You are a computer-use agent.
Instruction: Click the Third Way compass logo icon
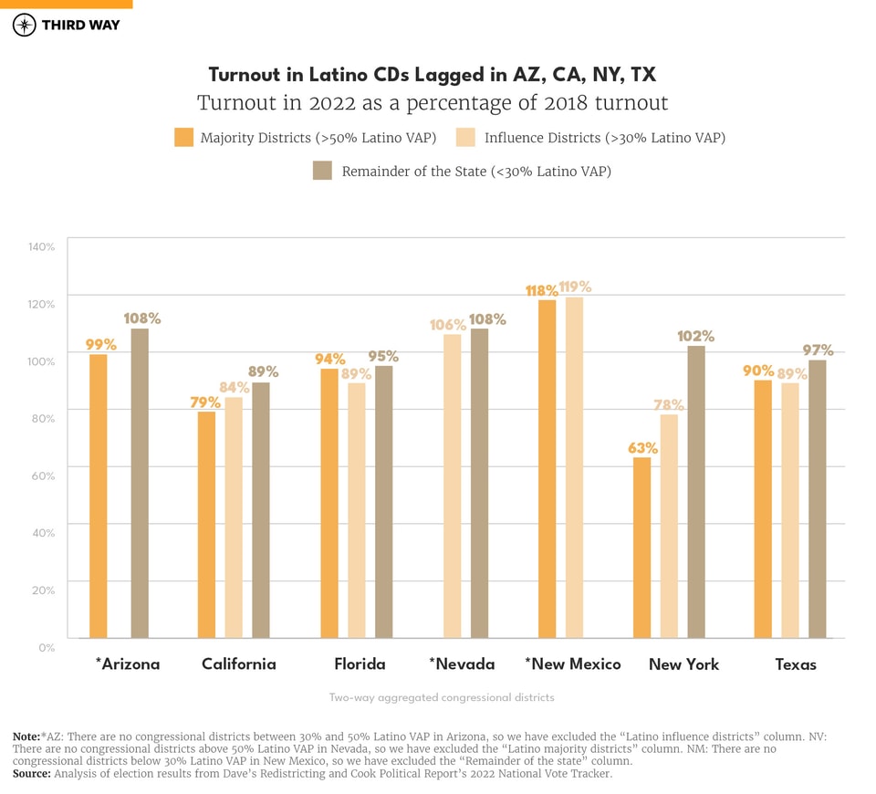[25, 25]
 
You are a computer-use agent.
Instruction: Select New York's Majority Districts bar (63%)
[641, 548]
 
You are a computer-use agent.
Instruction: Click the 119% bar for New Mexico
[574, 467]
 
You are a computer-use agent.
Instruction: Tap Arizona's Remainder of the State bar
[140, 483]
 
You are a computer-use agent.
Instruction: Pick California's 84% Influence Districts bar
[234, 517]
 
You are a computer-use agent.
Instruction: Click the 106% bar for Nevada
[452, 486]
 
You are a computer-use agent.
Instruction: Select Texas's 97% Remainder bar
[817, 498]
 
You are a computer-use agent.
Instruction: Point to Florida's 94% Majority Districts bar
[329, 503]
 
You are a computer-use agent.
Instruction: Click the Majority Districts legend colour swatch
[183, 138]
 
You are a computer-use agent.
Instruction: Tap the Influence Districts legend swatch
[466, 138]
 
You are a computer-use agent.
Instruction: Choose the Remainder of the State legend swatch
[322, 171]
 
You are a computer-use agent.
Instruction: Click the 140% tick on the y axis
[42, 246]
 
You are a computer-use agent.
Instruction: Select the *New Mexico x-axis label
[572, 664]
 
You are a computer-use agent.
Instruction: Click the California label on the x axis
[238, 664]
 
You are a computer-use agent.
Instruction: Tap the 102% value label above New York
[695, 336]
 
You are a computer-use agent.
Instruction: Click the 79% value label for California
[205, 402]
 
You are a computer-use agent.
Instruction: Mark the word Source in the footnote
[31, 774]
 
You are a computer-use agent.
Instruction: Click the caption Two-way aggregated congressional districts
[442, 697]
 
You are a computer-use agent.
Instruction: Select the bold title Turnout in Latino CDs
[432, 75]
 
